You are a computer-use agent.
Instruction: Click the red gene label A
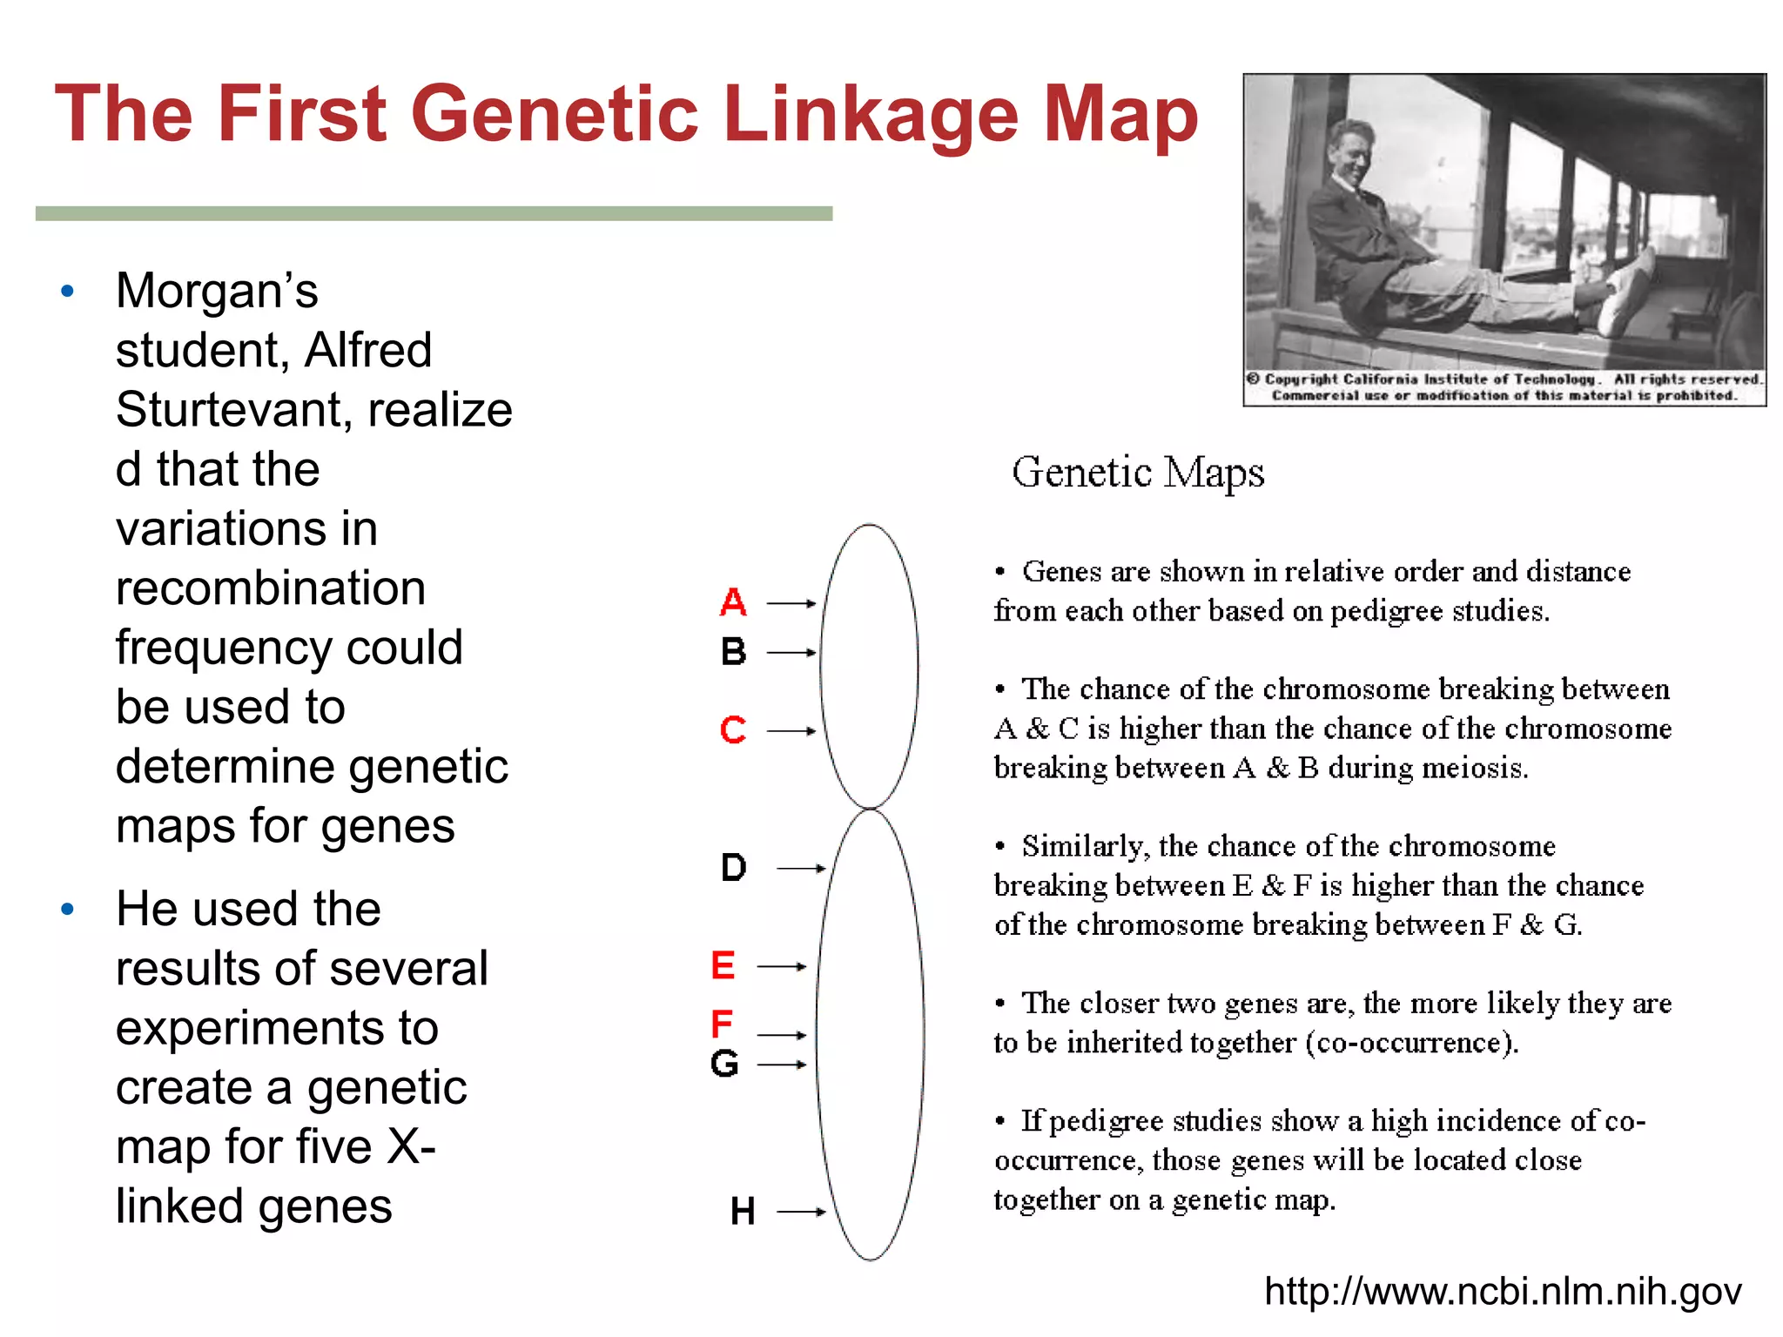click(733, 602)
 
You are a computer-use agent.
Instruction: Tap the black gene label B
click(733, 652)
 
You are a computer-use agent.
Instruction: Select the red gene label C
click(733, 729)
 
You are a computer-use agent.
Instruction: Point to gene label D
click(733, 868)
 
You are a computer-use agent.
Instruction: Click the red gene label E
click(723, 965)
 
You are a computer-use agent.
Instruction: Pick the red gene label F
click(721, 1024)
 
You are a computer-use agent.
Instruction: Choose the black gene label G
click(724, 1064)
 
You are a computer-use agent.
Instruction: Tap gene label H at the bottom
click(742, 1211)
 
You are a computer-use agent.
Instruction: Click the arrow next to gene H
click(800, 1211)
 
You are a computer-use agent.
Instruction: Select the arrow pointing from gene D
click(800, 868)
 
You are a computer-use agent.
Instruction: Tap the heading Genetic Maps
click(1137, 473)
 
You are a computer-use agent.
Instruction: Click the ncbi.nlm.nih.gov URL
click(1503, 1291)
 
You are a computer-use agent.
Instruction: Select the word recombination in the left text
click(271, 588)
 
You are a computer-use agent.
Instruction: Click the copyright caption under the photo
click(1504, 387)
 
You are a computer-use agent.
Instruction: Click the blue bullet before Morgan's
click(68, 292)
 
